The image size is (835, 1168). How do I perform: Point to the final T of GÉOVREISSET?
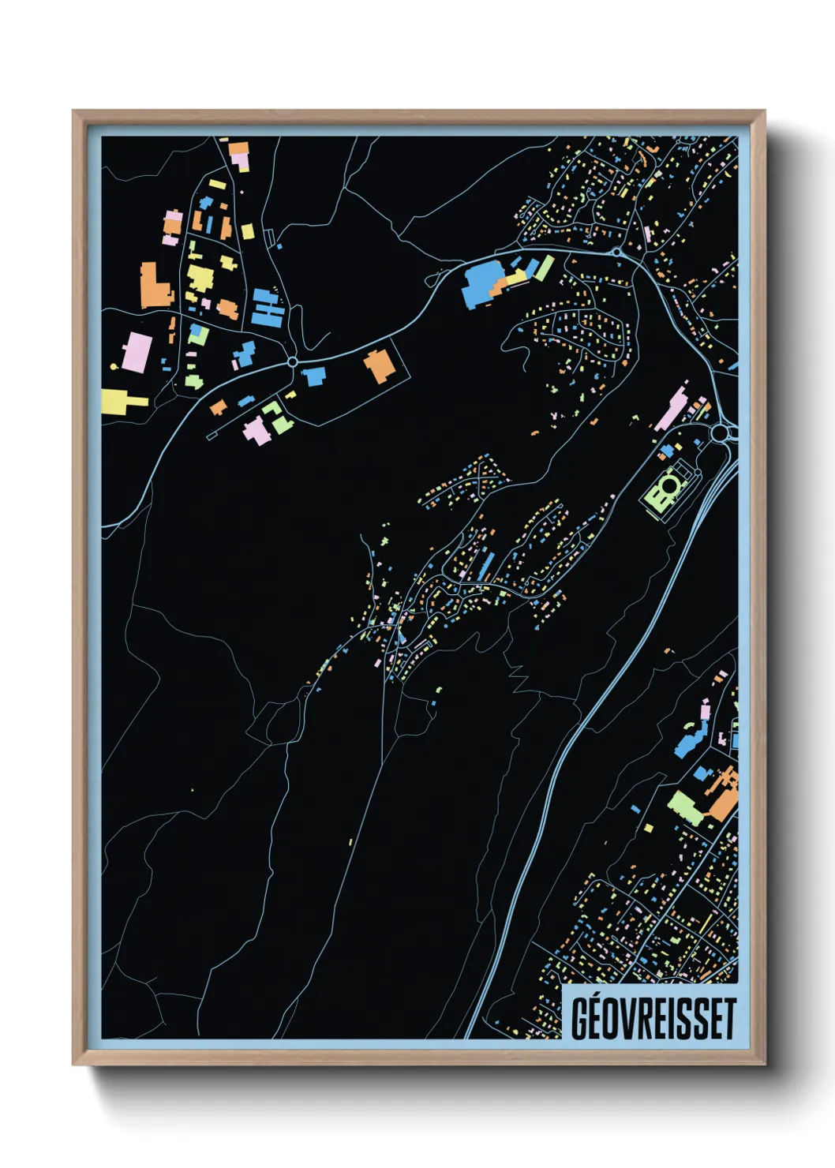point(728,1019)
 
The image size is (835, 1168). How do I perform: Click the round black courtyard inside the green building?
point(668,486)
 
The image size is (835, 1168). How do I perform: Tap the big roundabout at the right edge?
point(721,433)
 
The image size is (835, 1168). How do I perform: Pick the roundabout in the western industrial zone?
point(293,362)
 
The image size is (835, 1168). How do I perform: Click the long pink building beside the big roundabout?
point(671,408)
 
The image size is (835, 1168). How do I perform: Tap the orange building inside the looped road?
point(380,366)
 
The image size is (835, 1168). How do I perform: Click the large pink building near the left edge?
point(137,352)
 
